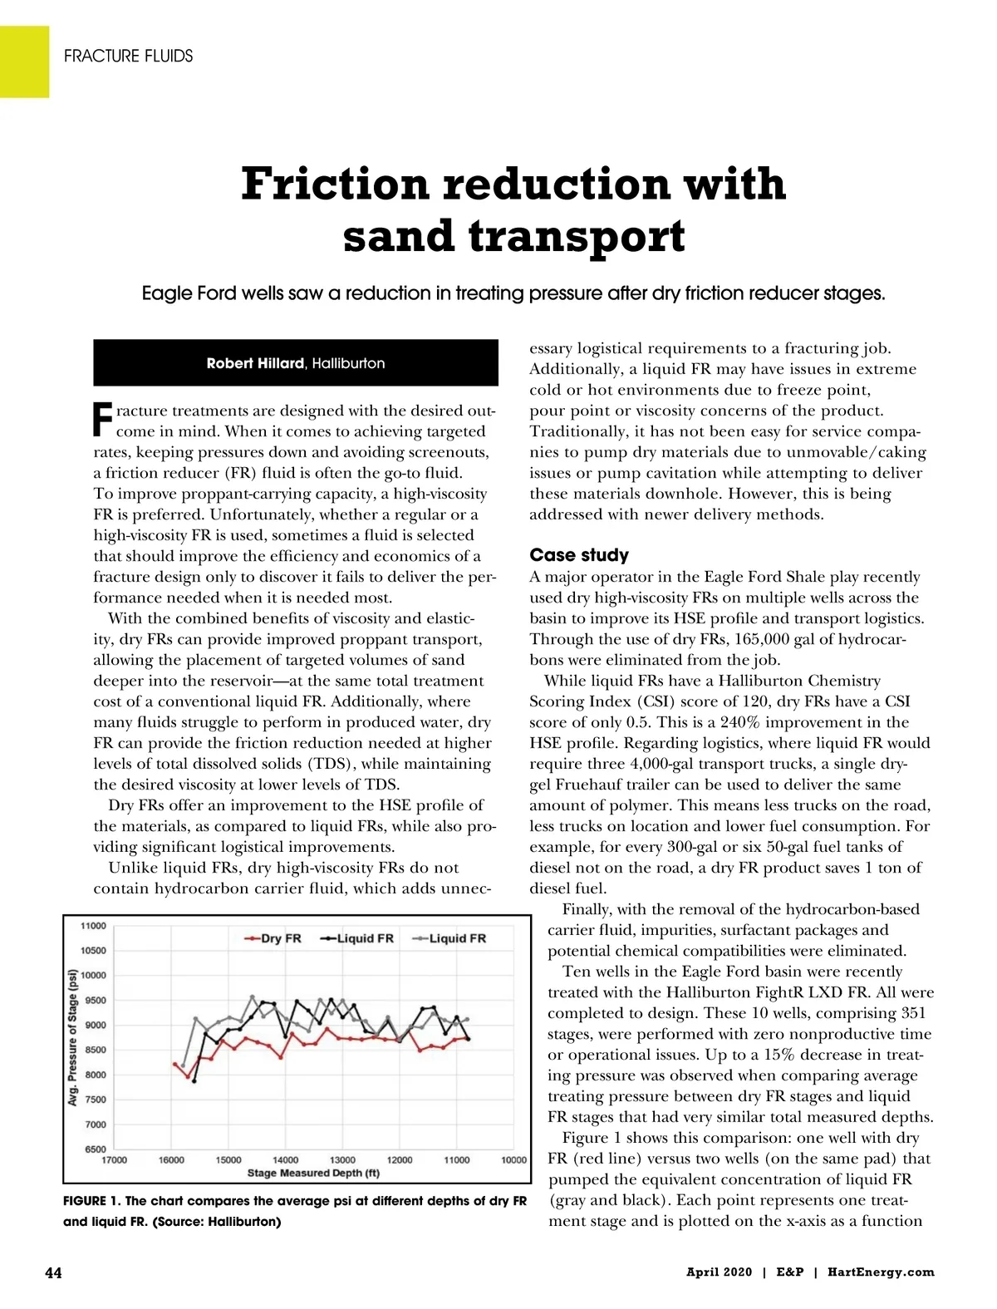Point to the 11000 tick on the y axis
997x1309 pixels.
93,926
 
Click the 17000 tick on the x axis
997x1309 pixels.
114,1160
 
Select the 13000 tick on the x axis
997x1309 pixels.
342,1160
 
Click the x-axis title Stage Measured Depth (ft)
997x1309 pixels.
313,1173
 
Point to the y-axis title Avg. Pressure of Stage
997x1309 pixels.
72,1037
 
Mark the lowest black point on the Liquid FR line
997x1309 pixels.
194,1081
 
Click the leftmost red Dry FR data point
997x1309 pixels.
174,1064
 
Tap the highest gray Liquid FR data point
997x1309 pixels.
253,997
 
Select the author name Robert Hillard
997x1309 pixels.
255,363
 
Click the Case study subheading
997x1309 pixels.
579,555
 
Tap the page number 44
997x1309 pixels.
53,1272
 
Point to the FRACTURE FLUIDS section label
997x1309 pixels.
128,56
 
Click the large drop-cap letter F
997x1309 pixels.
102,420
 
